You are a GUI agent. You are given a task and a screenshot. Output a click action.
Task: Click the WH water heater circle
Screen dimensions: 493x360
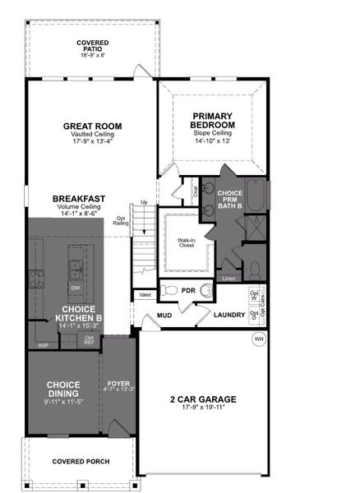pos(257,339)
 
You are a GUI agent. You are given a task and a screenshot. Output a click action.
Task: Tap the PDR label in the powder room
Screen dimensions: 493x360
pos(187,290)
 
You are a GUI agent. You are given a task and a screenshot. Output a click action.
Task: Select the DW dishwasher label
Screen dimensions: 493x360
pos(75,288)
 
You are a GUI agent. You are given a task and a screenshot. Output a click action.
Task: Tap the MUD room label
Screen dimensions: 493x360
pos(164,315)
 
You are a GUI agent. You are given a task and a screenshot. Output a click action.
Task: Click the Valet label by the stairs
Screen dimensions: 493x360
pos(145,294)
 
